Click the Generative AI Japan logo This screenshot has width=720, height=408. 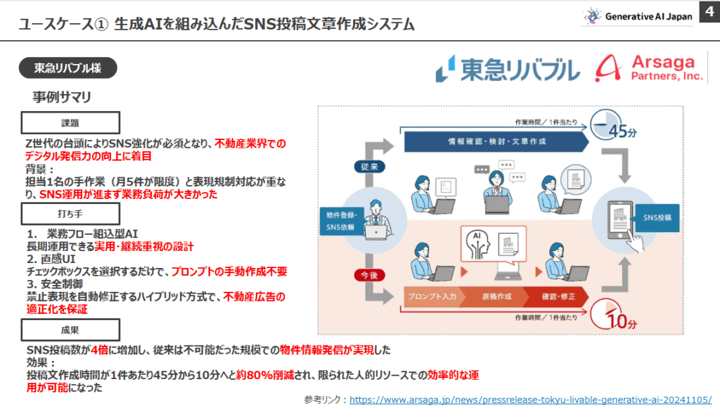(637, 16)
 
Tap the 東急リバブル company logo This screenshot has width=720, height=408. (507, 69)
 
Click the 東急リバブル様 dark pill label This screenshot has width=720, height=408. (67, 68)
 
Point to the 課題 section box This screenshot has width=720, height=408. (70, 122)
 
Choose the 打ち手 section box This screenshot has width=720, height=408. (70, 212)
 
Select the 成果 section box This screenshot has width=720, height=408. (70, 329)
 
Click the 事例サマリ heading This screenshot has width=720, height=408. (62, 96)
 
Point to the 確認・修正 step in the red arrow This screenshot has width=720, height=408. (558, 296)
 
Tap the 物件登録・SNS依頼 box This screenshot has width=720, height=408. (340, 220)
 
